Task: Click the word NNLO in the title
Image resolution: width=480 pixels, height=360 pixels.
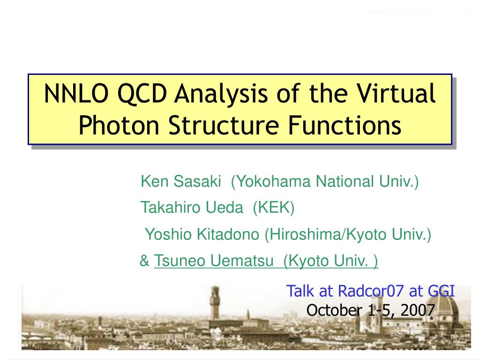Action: (76, 93)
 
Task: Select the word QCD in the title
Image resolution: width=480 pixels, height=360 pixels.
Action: (142, 94)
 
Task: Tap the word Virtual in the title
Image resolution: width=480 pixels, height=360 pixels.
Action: (396, 93)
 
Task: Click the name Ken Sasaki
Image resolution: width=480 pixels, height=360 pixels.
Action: (180, 181)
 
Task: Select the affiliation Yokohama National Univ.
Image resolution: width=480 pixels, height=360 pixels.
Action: (325, 182)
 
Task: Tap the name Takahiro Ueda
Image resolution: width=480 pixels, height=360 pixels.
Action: (192, 208)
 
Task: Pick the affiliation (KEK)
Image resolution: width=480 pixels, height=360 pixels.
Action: (274, 208)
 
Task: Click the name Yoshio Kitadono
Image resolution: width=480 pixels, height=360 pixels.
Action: (202, 234)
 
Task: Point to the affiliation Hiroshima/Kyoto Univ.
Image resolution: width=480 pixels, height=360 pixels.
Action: (348, 235)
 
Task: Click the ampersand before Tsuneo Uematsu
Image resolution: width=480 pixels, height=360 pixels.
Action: (144, 261)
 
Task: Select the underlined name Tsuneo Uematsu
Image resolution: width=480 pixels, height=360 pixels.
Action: (213, 261)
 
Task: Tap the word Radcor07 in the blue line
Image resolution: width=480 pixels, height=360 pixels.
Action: (371, 291)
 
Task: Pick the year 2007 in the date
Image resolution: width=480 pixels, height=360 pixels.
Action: (418, 310)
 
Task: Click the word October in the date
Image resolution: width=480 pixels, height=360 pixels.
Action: (334, 310)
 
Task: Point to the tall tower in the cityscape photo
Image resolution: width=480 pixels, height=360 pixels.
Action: (215, 303)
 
